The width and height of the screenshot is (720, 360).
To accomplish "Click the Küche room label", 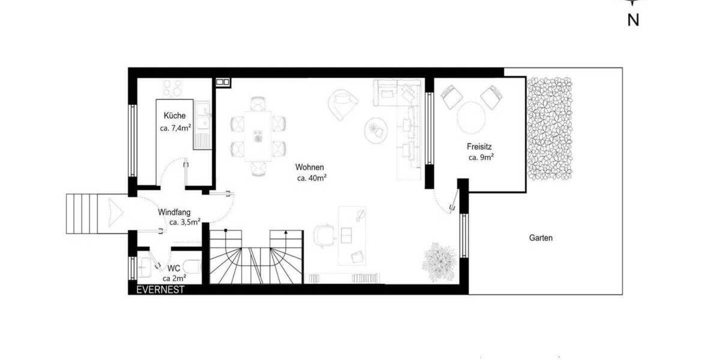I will coord(175,116).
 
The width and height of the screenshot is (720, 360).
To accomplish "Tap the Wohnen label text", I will coord(310,167).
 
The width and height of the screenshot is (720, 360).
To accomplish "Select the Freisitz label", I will coord(480,146).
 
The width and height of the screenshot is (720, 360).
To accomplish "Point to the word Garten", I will coord(541,238).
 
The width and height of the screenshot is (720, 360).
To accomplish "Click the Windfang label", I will coord(175,212).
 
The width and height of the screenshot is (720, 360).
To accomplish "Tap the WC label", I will coord(174,268).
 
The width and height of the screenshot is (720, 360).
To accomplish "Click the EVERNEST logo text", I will coord(160,289).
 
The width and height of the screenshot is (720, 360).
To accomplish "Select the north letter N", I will coord(632,20).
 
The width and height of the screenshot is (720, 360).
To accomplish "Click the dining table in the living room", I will coord(258,136).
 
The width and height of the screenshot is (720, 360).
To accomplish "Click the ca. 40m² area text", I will coord(311,178).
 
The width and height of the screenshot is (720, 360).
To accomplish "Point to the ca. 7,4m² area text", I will coord(175,128).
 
